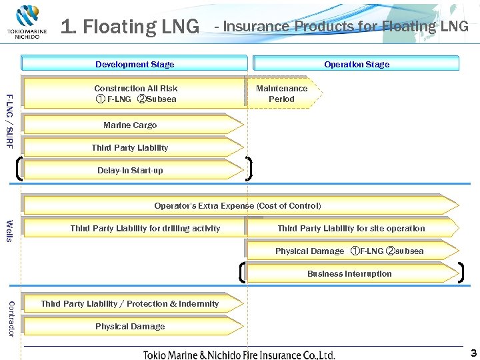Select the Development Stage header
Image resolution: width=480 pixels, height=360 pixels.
[x=134, y=64]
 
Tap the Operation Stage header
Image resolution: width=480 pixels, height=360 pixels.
[x=356, y=64]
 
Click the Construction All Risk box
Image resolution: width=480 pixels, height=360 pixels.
[x=135, y=93]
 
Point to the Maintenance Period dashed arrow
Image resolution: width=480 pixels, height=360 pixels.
[x=283, y=93]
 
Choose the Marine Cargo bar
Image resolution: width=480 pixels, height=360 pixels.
[x=131, y=125]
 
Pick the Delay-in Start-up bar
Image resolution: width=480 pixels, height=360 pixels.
[x=131, y=170]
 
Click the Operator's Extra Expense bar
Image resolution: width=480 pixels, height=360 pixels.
[x=238, y=205]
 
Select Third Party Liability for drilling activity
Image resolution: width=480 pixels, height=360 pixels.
[x=145, y=228]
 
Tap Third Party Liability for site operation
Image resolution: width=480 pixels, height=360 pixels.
[x=351, y=228]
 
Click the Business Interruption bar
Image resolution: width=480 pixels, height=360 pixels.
[x=349, y=273]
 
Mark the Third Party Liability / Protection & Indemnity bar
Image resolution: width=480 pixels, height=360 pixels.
[x=130, y=303]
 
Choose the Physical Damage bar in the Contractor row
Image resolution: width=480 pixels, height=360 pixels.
[x=130, y=326]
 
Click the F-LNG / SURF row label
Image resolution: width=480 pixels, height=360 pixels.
[x=9, y=121]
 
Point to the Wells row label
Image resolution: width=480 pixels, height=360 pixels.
[x=9, y=231]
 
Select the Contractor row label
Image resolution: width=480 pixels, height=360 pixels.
[x=10, y=318]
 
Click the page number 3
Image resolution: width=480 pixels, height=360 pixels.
[x=473, y=352]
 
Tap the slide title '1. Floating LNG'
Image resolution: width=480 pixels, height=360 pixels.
[x=130, y=27]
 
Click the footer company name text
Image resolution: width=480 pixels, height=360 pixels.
[x=239, y=355]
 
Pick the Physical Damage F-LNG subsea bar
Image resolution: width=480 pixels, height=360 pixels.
[x=349, y=251]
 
